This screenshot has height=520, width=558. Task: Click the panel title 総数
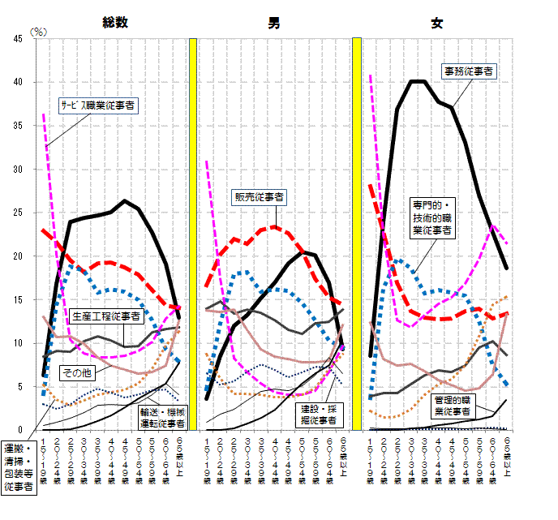(x=115, y=23)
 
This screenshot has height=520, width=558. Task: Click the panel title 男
(x=276, y=23)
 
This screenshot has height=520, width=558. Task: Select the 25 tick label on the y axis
(x=18, y=213)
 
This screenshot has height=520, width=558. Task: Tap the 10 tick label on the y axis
(x=18, y=343)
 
